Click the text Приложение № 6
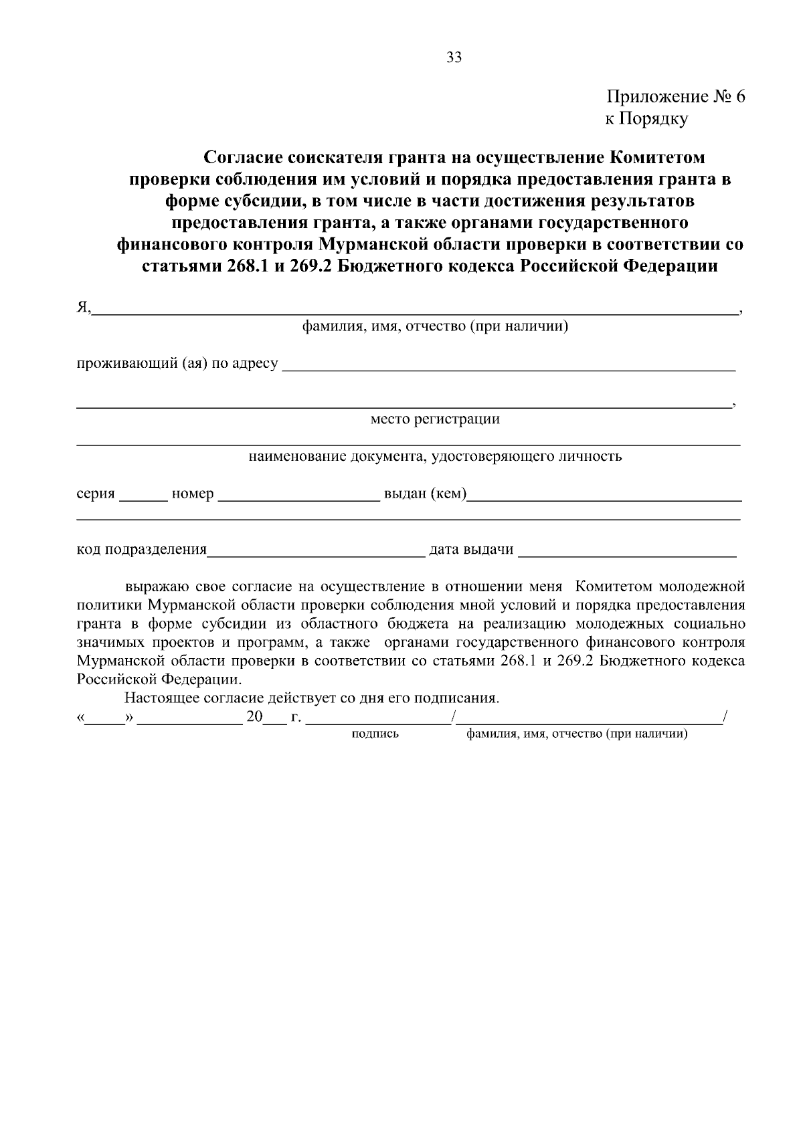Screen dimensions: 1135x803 [x=675, y=97]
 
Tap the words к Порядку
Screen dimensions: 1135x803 [x=646, y=119]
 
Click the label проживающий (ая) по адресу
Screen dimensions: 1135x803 [x=177, y=364]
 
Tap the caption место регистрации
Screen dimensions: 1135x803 [x=435, y=419]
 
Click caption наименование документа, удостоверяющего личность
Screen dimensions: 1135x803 [x=435, y=457]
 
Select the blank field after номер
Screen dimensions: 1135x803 [x=298, y=495]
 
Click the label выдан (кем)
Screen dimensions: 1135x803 [x=424, y=494]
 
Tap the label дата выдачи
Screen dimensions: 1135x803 [x=471, y=550]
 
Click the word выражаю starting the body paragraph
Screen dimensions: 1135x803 [x=158, y=587]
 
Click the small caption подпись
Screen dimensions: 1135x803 [x=375, y=734]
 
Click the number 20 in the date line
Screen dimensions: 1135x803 [x=254, y=718]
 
